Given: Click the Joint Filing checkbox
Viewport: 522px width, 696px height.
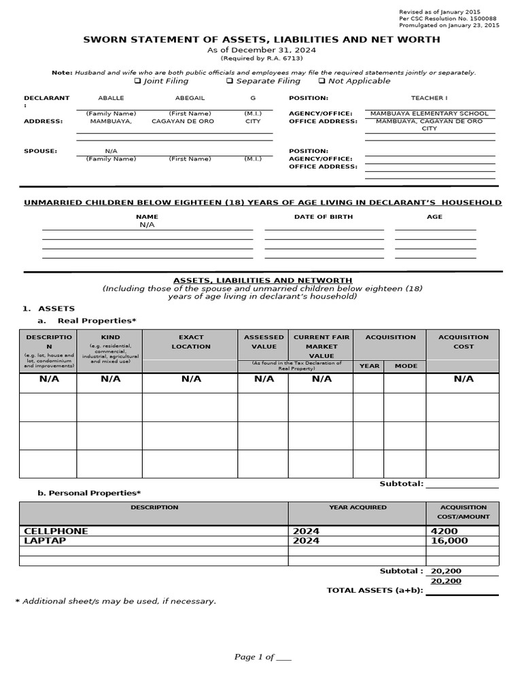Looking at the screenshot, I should click(138, 81).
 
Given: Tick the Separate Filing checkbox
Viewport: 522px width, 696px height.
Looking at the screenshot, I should click(230, 81).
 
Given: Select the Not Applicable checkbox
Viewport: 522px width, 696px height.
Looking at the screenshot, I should click(322, 81).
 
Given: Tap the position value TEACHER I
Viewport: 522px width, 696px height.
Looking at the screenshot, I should click(429, 98).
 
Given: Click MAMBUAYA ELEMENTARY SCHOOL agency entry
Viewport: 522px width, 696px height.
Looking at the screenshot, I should click(430, 114).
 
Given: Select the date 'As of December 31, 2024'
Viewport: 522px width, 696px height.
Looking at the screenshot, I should click(261, 50).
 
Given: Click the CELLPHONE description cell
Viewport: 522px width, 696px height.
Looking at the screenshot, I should click(56, 531).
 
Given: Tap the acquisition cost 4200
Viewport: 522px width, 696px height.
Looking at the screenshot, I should click(444, 531).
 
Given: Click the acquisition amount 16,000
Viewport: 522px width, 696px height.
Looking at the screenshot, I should click(449, 540).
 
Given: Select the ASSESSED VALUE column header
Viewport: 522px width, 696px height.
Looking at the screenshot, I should click(264, 341).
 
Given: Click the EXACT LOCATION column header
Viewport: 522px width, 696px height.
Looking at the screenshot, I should click(191, 341).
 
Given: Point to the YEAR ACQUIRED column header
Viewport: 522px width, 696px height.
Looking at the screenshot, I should click(358, 507).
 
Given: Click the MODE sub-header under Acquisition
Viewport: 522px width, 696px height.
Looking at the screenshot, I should click(406, 366).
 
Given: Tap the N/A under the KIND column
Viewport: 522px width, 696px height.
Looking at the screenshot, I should click(110, 379).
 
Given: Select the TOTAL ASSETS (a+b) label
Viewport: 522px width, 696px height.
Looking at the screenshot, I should click(375, 590).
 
